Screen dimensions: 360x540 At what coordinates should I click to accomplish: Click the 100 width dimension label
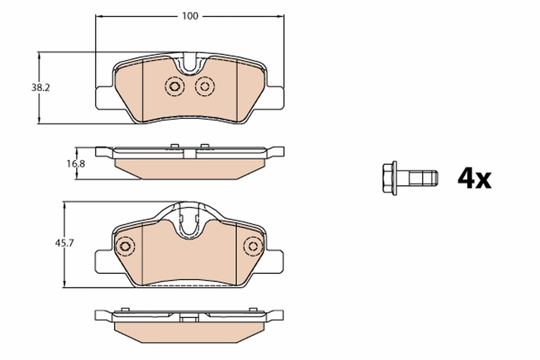[x=190, y=16]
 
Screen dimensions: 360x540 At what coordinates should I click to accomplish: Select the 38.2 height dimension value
[x=40, y=88]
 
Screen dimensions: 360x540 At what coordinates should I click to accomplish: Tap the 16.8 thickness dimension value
[x=76, y=164]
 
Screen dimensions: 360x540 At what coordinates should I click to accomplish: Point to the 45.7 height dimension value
[x=64, y=243]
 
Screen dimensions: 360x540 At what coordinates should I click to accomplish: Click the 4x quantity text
[x=474, y=179]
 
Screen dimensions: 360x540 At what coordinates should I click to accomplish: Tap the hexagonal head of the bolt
[x=389, y=178]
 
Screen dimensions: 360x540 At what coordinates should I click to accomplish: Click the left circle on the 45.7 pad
[x=125, y=247]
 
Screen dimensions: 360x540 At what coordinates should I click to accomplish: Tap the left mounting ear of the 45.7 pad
[x=104, y=261]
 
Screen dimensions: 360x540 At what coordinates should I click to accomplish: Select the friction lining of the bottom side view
[x=189, y=332]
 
